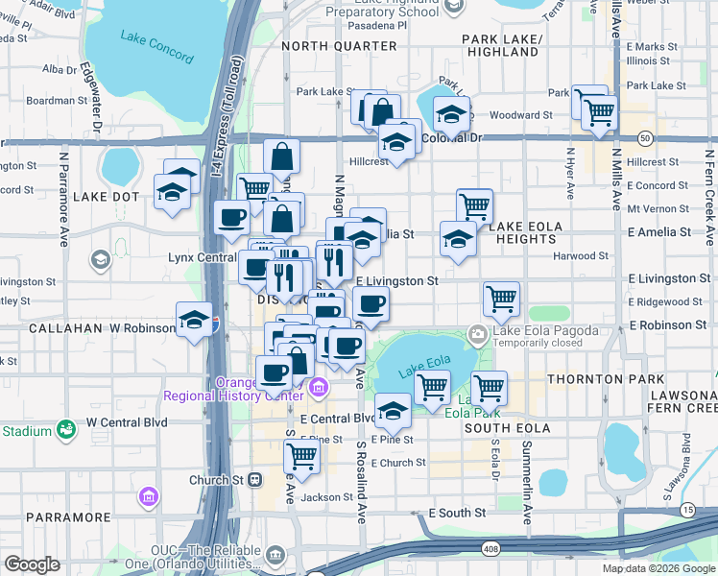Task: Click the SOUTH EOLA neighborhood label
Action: coord(508,427)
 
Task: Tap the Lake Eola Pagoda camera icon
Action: coord(477,334)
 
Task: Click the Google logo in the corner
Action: coord(32,564)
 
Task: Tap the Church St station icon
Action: coord(254,480)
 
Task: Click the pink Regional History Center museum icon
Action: coord(319,388)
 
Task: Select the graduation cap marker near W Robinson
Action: coord(195,320)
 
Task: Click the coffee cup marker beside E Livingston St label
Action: coord(371,304)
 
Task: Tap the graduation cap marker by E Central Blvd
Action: coord(393,411)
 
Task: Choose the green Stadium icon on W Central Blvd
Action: coord(66,429)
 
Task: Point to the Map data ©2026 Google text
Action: coord(658,568)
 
